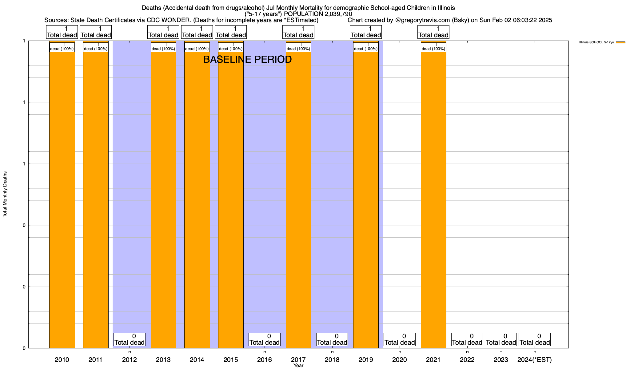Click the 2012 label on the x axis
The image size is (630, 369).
(x=130, y=359)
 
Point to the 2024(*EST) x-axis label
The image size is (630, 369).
(x=535, y=359)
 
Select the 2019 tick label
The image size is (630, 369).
(x=366, y=359)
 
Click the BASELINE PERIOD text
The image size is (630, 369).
(x=248, y=59)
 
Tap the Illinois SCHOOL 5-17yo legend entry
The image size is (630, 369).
(x=596, y=42)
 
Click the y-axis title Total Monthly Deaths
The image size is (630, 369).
(x=5, y=194)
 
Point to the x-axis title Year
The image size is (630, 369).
(x=298, y=366)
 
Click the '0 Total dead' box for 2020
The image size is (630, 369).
(x=400, y=339)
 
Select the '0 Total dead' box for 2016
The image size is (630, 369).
(x=265, y=339)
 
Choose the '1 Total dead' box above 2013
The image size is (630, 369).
(x=163, y=32)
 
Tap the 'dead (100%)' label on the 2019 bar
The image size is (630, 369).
(x=366, y=47)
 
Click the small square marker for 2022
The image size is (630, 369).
(x=467, y=352)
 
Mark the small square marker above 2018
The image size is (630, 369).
(x=332, y=352)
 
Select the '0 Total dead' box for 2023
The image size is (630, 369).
(x=501, y=339)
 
